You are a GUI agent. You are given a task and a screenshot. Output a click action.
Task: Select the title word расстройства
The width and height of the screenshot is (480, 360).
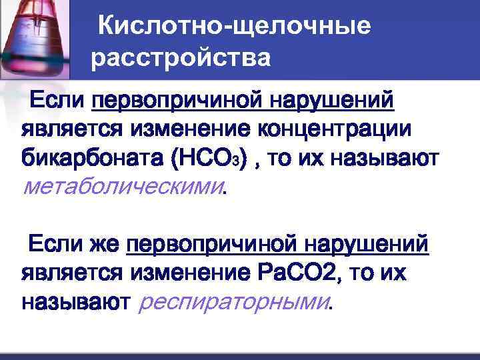coord(181,59)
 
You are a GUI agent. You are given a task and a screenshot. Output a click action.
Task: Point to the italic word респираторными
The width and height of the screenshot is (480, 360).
coord(233,303)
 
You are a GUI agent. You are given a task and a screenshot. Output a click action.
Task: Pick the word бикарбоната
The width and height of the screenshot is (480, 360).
coord(93,159)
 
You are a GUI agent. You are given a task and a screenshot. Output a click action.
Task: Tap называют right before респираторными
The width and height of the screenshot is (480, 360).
coord(74,303)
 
